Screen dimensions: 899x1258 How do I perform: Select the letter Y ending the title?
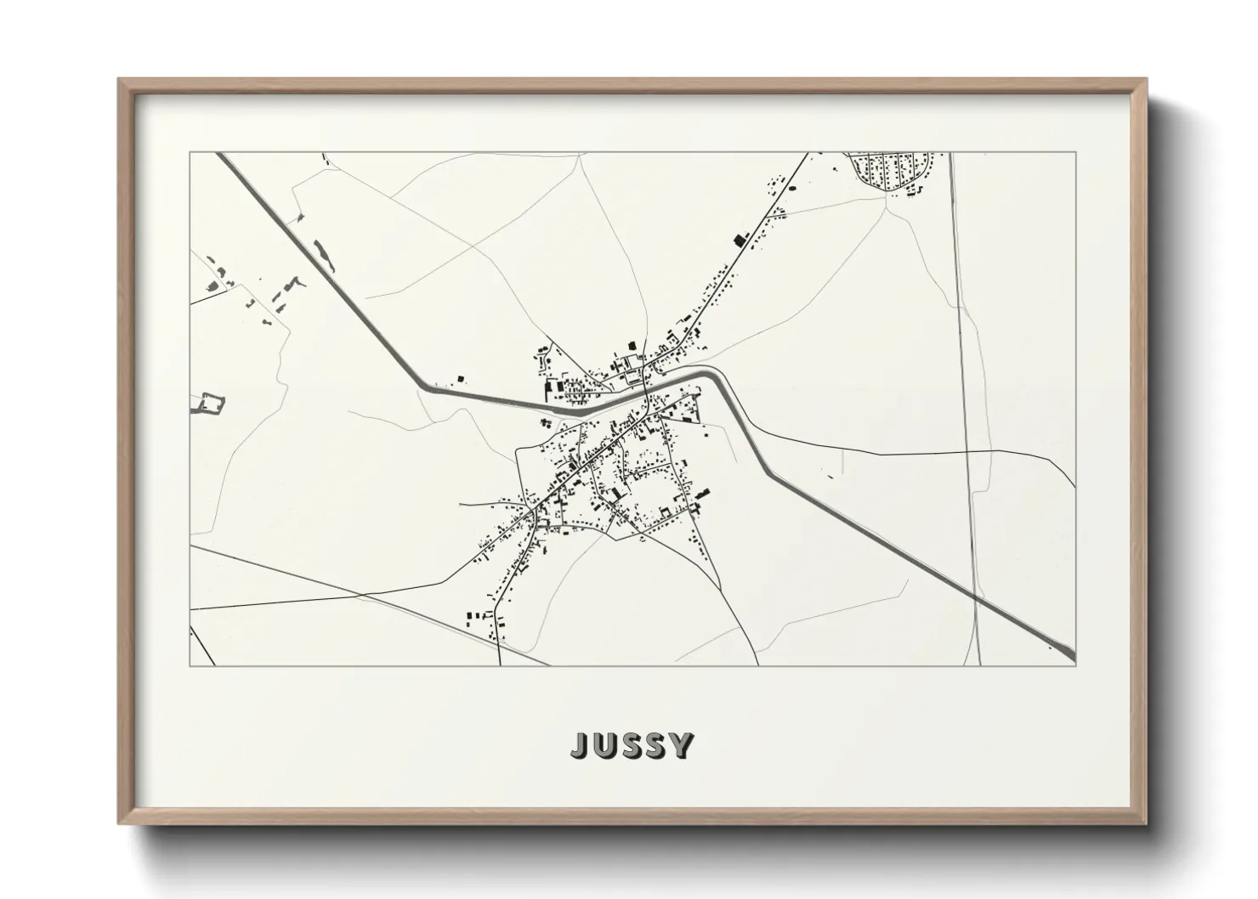pos(681,745)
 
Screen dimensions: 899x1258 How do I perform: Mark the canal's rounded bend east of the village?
pos(719,377)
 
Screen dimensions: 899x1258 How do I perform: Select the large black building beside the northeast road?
pos(739,240)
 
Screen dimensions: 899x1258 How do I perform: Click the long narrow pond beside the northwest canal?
pos(321,251)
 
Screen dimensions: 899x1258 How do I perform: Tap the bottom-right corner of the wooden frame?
pos(1145,823)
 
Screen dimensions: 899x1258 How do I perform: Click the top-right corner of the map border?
pos(1075,153)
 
